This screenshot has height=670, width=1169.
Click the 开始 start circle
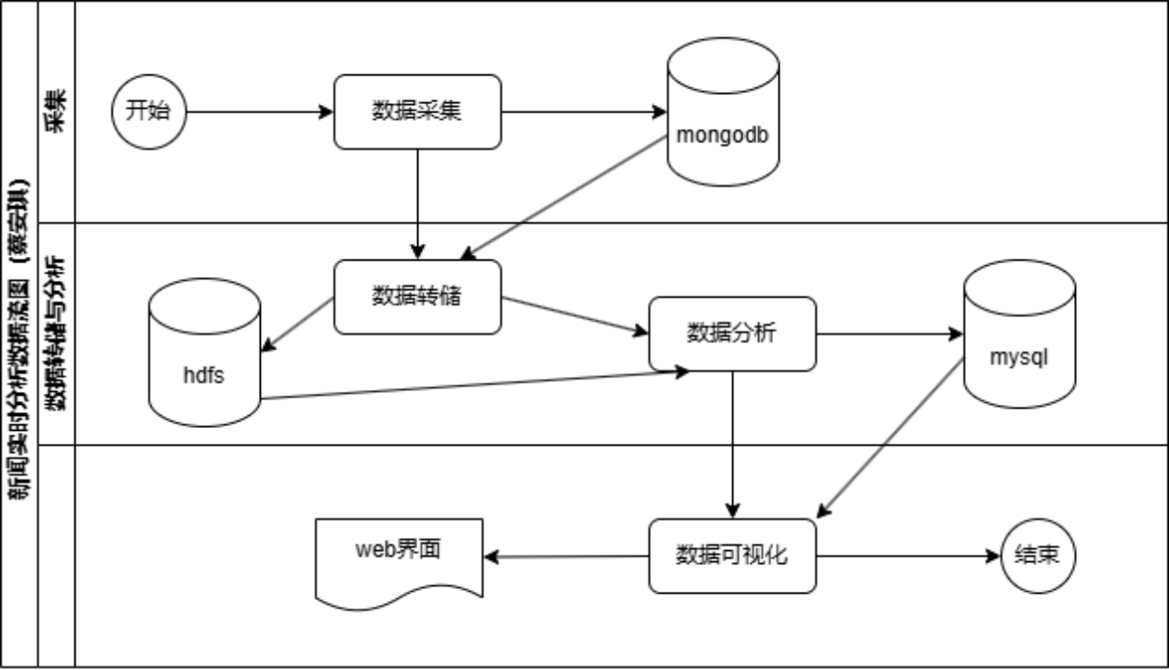[x=149, y=112]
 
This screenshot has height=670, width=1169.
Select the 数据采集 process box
[x=417, y=112]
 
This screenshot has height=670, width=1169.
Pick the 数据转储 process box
[x=417, y=297]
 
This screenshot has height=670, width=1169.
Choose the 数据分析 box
[x=732, y=333]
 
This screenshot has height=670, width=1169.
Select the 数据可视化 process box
[x=732, y=556]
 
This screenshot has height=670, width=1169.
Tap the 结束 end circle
[x=1037, y=556]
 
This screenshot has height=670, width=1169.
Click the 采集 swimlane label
[x=56, y=112]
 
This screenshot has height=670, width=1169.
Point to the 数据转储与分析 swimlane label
[x=56, y=333]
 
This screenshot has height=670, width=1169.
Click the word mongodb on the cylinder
[x=723, y=135]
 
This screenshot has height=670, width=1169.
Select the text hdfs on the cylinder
[x=204, y=376]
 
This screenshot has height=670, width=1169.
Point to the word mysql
[x=1019, y=357]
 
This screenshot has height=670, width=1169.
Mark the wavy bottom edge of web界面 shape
[x=399, y=596]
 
